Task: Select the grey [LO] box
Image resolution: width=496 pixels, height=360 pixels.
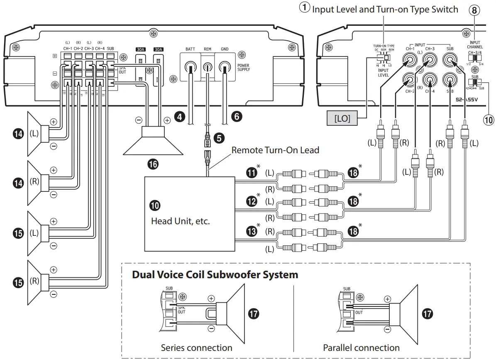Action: pyautogui.click(x=342, y=118)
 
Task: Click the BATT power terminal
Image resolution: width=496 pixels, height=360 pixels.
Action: pyautogui.click(x=191, y=66)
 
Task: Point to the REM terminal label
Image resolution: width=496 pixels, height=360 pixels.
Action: pyautogui.click(x=208, y=49)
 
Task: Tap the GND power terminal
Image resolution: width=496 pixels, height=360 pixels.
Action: pyautogui.click(x=225, y=66)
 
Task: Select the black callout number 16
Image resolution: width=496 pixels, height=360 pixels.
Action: pyautogui.click(x=153, y=164)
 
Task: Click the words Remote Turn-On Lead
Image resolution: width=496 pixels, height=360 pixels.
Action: pyautogui.click(x=275, y=150)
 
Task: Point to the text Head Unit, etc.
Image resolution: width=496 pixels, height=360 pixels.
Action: pyautogui.click(x=180, y=221)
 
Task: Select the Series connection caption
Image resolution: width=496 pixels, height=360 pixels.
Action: pyautogui.click(x=197, y=347)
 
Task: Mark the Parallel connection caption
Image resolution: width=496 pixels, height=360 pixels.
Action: pyautogui.click(x=361, y=347)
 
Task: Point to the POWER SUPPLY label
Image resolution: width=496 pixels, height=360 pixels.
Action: pyautogui.click(x=244, y=67)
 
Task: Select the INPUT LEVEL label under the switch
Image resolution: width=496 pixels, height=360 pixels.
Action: pyautogui.click(x=383, y=73)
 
